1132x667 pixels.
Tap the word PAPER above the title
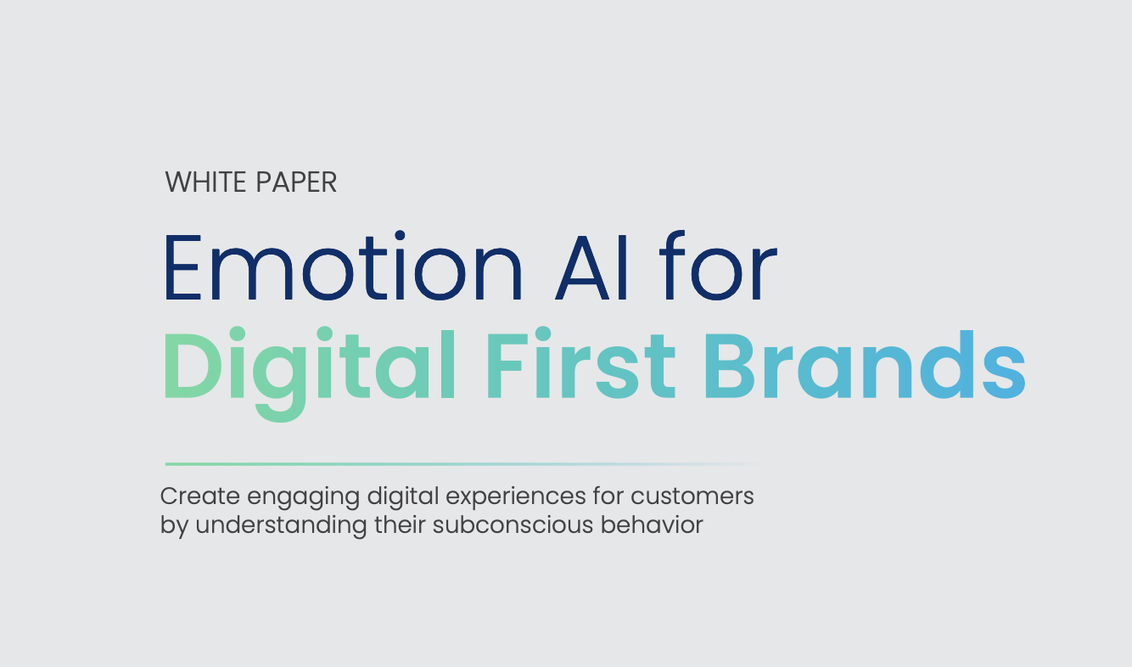coord(296,182)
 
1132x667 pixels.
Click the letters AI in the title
coord(591,267)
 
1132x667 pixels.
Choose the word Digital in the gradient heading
coord(309,373)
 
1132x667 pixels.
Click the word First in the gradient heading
coord(581,363)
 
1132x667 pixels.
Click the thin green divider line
coord(462,464)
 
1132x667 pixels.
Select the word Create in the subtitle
coord(200,496)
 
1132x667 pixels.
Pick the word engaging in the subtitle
coord(303,498)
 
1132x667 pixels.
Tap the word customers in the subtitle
coord(692,496)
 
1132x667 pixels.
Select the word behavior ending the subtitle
coord(652,525)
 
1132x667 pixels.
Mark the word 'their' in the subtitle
coord(400,525)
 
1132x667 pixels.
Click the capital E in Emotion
coord(182,267)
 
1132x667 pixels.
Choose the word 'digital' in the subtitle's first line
coord(403,498)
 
